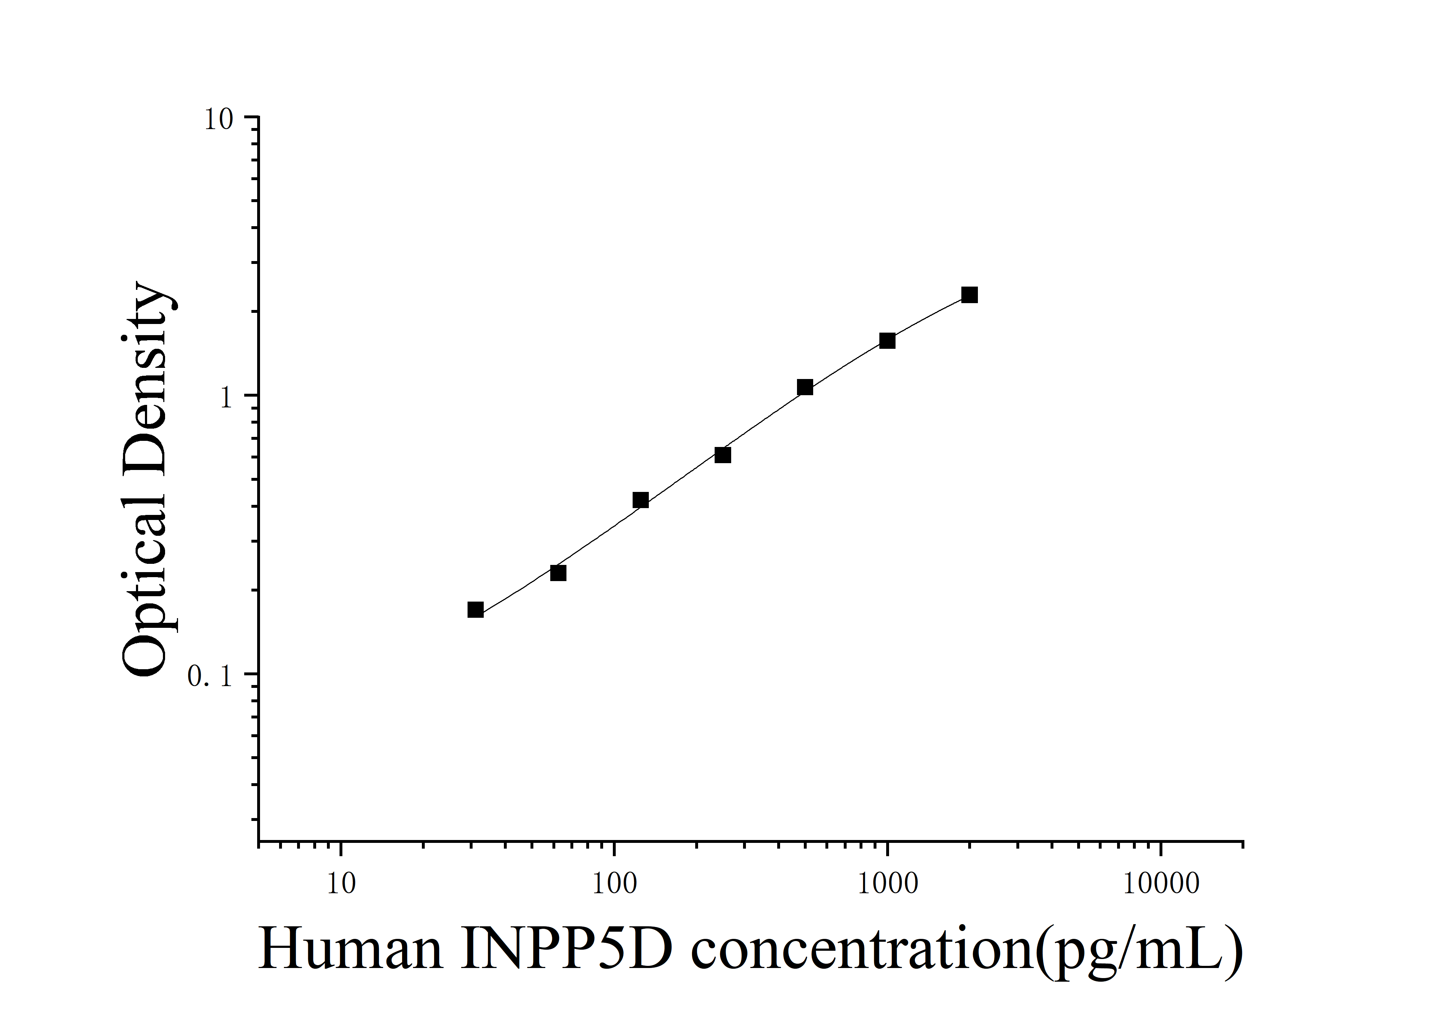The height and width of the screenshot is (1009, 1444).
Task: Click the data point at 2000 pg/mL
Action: pos(969,295)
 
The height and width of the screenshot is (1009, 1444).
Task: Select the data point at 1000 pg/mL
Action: pos(887,341)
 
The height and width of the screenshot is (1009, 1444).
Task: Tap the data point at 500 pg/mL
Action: pos(805,387)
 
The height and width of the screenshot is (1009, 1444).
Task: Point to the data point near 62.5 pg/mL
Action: pos(558,573)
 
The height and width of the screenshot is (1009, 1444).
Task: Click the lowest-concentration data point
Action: pos(475,610)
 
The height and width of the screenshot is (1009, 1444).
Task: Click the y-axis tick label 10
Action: pos(218,119)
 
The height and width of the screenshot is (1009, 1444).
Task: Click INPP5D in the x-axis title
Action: pos(566,949)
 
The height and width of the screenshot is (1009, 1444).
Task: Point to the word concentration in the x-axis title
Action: pos(862,949)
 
